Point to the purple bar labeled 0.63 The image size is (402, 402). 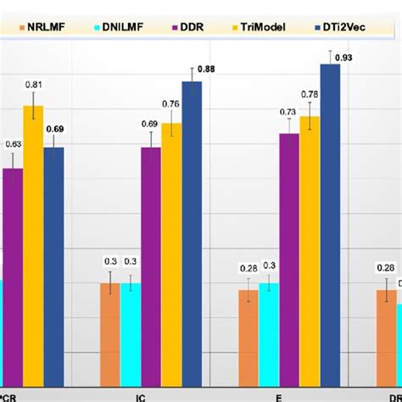(13, 271)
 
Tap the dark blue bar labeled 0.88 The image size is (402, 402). (193, 229)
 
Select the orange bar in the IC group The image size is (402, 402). (110, 331)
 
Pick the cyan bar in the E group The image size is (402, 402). (269, 331)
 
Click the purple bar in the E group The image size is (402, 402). (289, 254)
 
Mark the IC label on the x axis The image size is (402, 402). (140, 394)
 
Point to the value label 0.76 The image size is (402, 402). (171, 104)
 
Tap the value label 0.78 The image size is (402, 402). (310, 94)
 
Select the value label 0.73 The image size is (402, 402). (288, 112)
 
